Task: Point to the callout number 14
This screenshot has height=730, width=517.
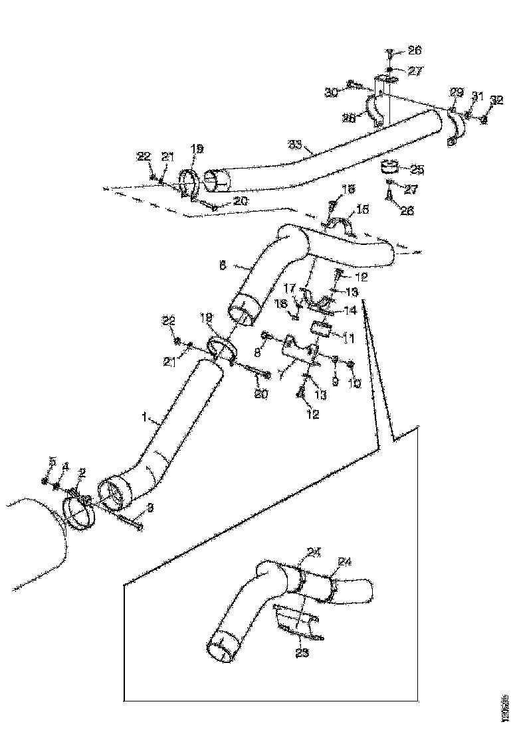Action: coord(350,310)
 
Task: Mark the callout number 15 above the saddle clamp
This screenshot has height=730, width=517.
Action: coord(362,210)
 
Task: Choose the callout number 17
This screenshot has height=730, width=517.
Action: coord(290,288)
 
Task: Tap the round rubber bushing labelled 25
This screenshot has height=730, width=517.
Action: coord(390,166)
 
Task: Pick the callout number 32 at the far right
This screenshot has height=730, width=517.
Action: coord(496,101)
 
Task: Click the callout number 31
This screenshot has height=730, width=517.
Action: coord(476,96)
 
